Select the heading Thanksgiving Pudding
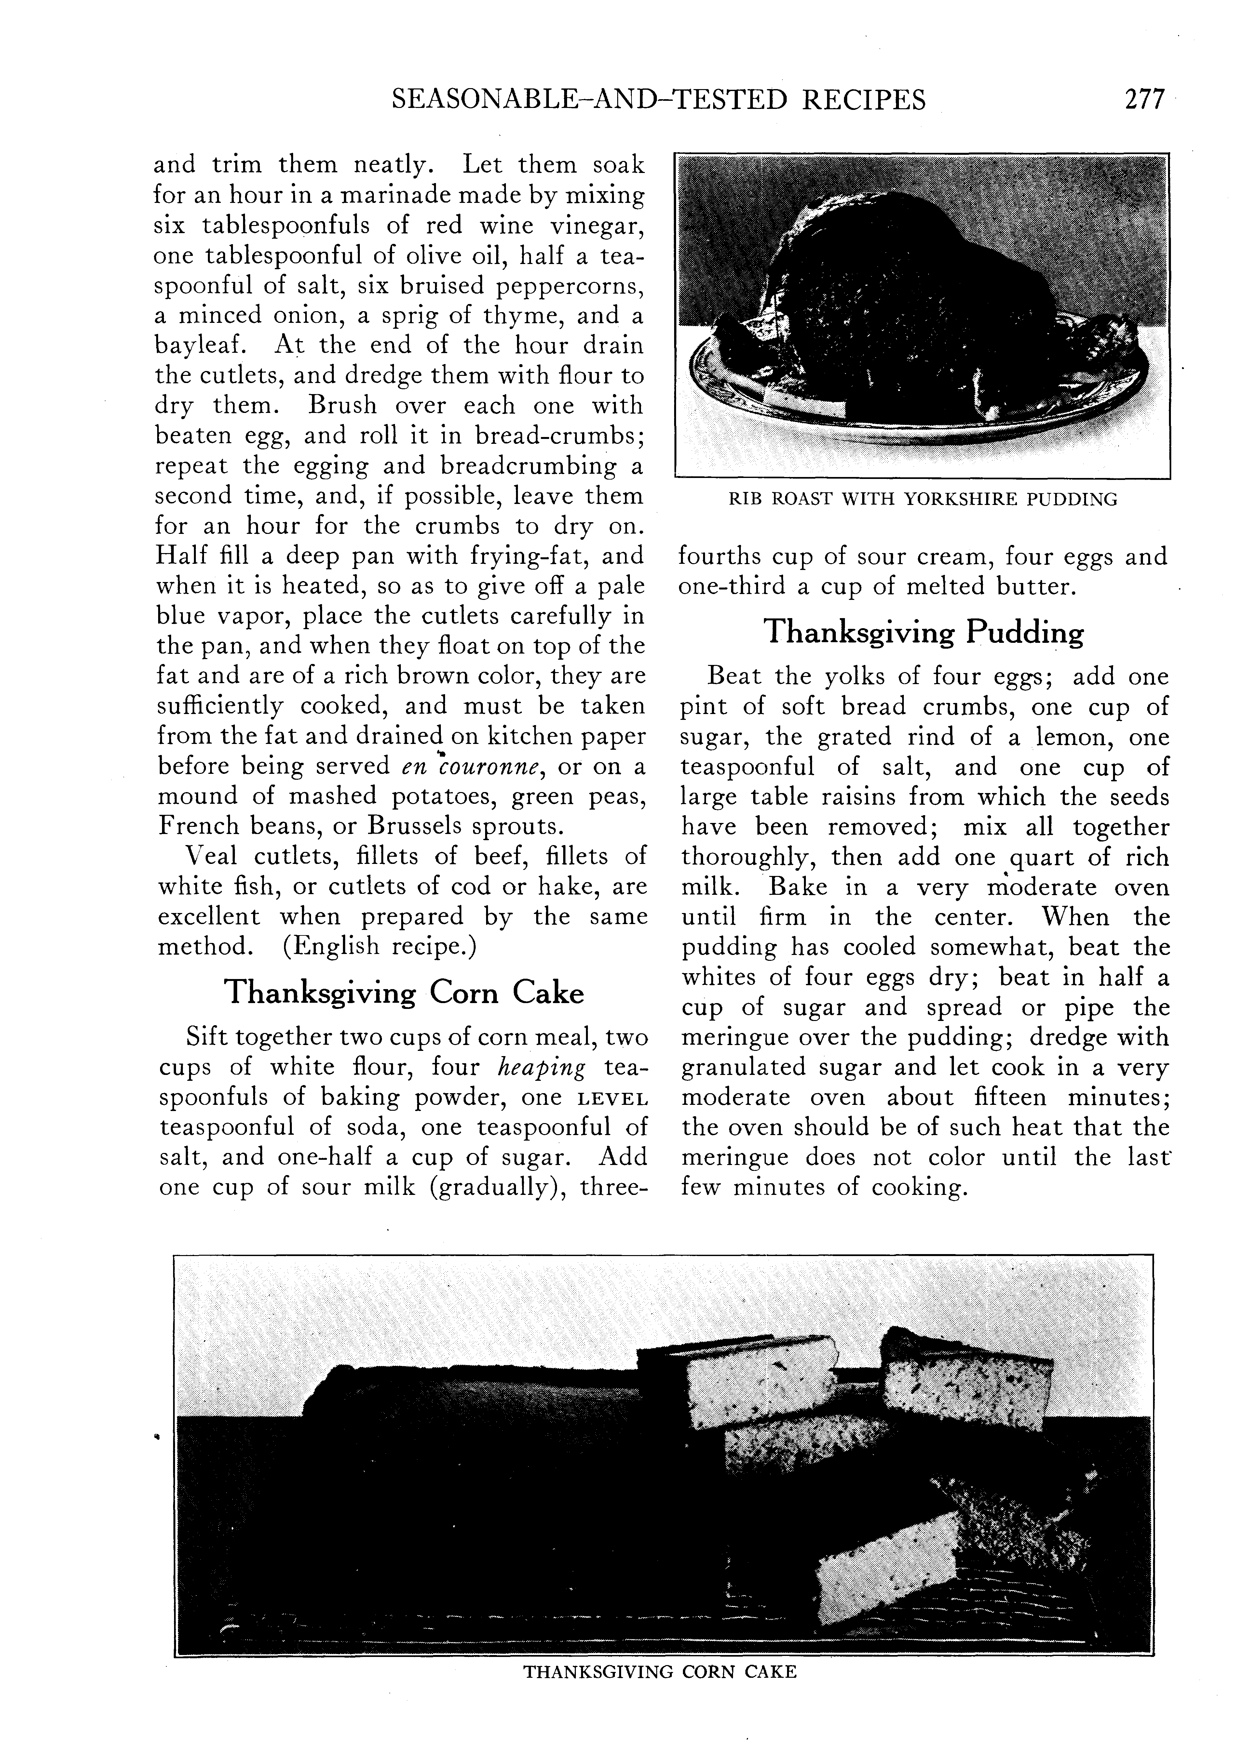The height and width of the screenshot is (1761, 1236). tap(924, 633)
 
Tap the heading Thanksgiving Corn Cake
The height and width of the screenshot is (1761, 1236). tap(403, 992)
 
